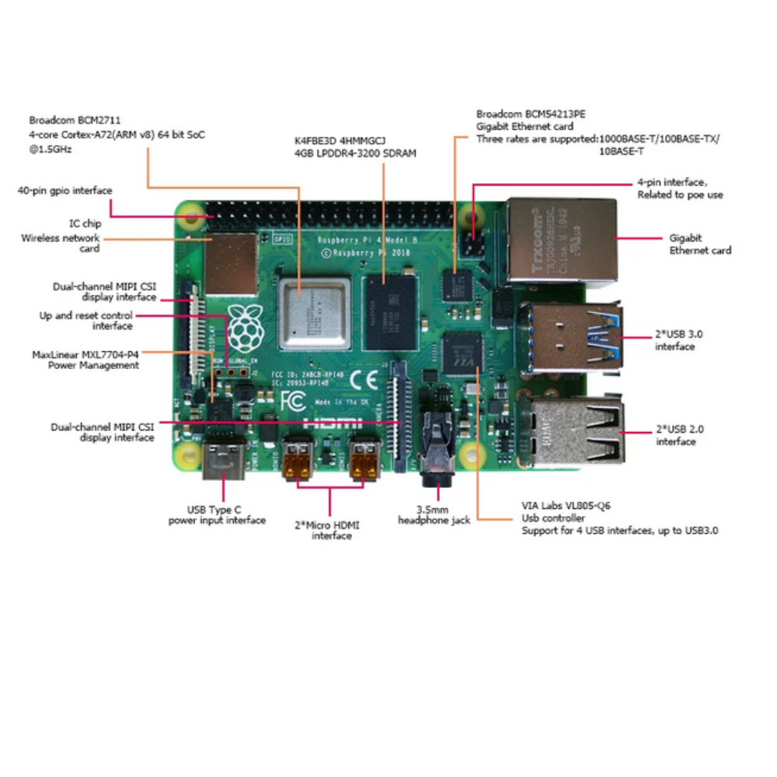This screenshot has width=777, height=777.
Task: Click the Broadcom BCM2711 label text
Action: click(64, 120)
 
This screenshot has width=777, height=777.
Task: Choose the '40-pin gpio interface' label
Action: click(65, 190)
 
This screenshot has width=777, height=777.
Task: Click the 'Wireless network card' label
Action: click(61, 243)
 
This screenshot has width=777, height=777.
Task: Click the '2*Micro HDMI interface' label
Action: click(332, 530)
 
